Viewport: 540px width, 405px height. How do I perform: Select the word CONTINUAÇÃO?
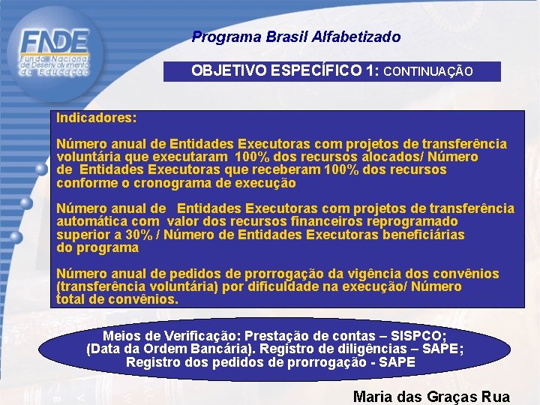point(428,72)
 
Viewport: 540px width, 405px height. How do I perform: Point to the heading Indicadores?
point(97,118)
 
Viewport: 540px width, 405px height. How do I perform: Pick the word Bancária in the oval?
point(241,349)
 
